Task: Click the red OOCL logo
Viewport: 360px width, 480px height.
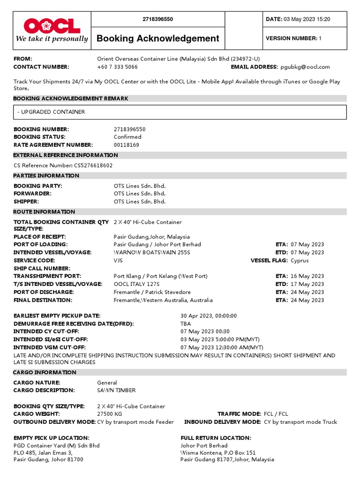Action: pyautogui.click(x=52, y=25)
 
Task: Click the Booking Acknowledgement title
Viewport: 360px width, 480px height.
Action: pyautogui.click(x=157, y=38)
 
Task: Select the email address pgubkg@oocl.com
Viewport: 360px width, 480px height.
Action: pyautogui.click(x=305, y=67)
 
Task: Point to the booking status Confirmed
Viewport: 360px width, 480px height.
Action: pyautogui.click(x=127, y=137)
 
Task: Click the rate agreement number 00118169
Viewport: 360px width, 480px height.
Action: pyautogui.click(x=126, y=145)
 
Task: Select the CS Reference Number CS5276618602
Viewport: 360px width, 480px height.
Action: pyautogui.click(x=93, y=165)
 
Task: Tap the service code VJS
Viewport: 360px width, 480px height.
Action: pyautogui.click(x=119, y=260)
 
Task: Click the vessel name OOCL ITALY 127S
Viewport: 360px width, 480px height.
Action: pyautogui.click(x=136, y=284)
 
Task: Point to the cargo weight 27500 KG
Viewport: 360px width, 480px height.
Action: pyautogui.click(x=109, y=414)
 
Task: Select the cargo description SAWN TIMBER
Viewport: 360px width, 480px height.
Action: pyautogui.click(x=116, y=390)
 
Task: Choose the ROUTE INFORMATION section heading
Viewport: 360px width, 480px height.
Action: pyautogui.click(x=44, y=212)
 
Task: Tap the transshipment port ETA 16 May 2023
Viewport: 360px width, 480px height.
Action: pyautogui.click(x=307, y=276)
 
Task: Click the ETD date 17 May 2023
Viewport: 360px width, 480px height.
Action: pyautogui.click(x=307, y=284)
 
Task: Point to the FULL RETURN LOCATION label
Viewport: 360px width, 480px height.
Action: pyautogui.click(x=216, y=438)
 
